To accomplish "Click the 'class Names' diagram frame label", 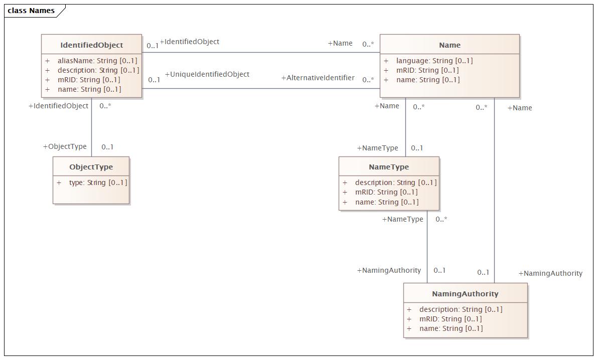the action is coord(31,11).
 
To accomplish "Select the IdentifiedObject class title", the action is coord(92,45).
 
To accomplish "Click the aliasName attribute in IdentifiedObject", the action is coord(97,61).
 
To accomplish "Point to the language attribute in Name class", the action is coord(434,61).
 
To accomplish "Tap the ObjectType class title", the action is coord(91,166).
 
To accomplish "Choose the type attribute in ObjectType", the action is coord(98,183).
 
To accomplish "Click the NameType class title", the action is coord(389,166).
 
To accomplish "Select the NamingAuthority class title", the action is coord(465,294).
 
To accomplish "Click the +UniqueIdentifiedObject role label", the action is coord(207,74).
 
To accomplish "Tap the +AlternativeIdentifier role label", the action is coord(318,78).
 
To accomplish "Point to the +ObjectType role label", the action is coord(65,146).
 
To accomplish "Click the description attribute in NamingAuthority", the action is coord(461,309).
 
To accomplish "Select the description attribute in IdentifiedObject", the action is coord(99,70).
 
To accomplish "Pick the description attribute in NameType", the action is coord(396,183).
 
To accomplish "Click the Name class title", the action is coord(450,45).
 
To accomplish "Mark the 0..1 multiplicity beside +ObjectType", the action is coord(107,147).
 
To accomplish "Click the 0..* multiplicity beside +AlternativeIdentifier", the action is coord(368,80).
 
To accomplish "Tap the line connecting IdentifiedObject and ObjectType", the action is coord(91,127).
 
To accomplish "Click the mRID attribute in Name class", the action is coord(427,70).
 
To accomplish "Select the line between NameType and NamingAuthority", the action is coord(427,247).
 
